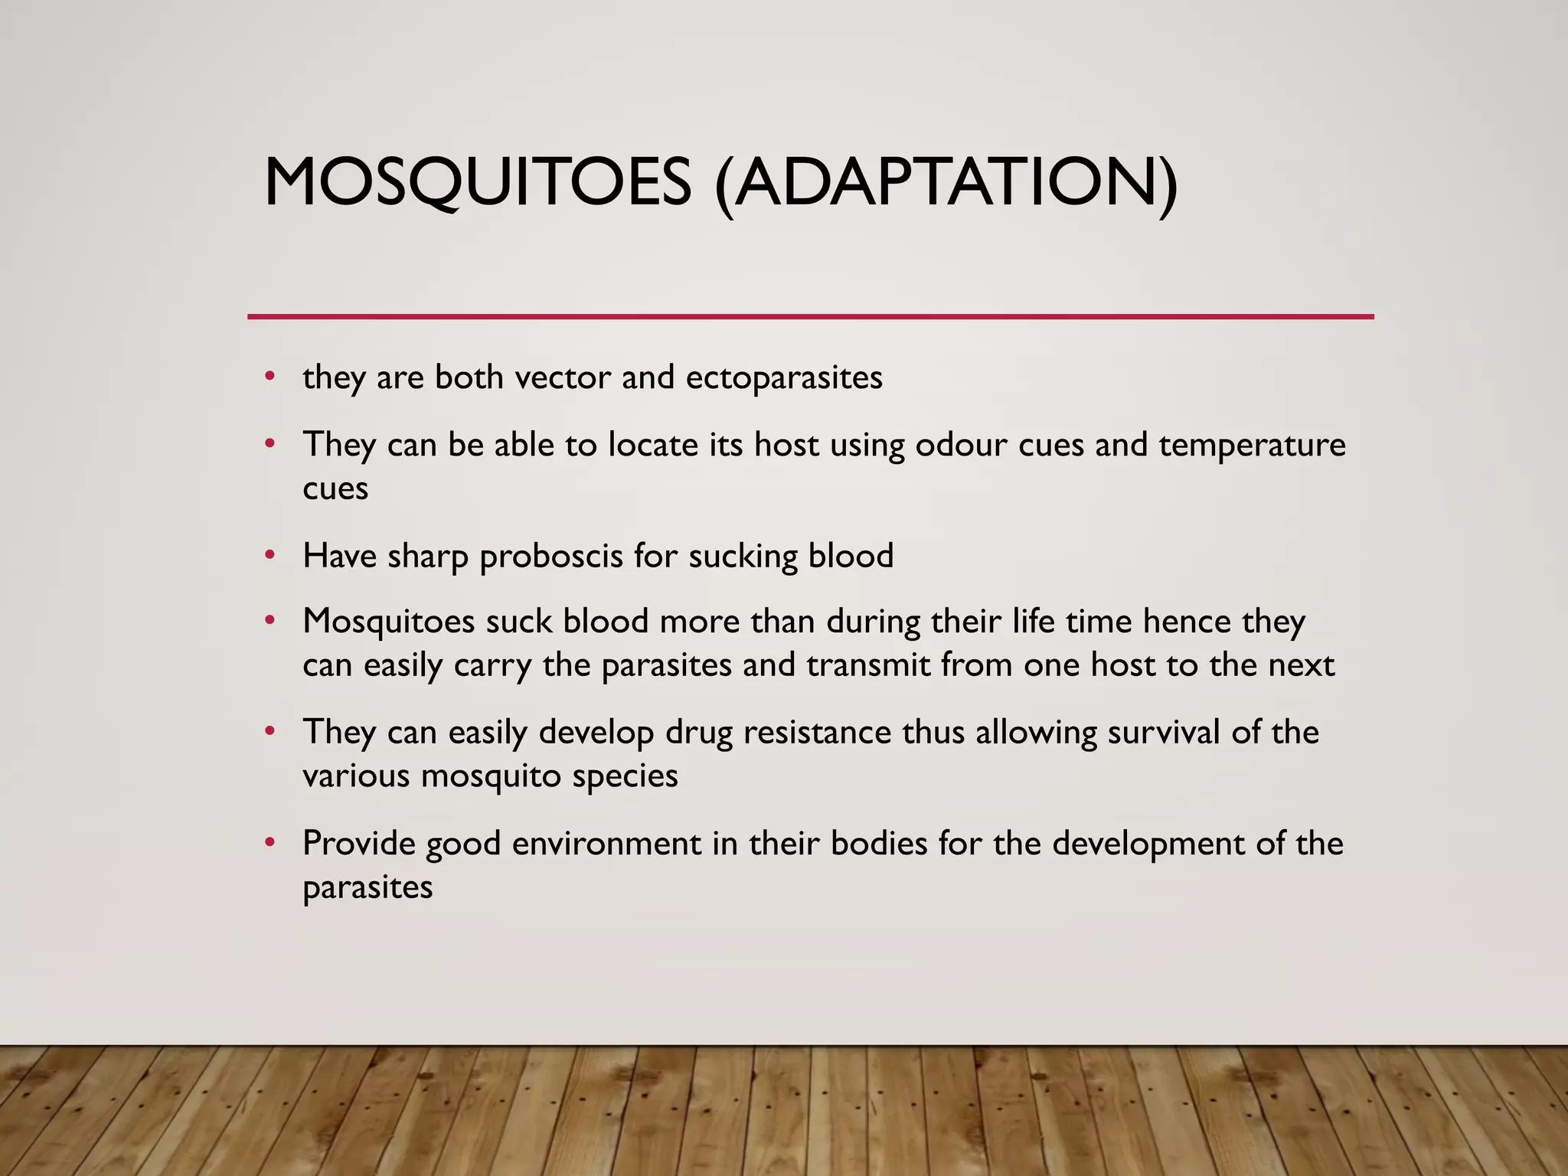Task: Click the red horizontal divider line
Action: (810, 316)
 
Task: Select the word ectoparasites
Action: (784, 377)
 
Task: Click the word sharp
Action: (428, 557)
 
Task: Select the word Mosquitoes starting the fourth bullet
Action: (389, 621)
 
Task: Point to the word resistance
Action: (818, 732)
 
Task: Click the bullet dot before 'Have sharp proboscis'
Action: (269, 554)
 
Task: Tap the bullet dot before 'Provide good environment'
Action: (269, 842)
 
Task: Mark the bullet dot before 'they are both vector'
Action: (269, 376)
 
